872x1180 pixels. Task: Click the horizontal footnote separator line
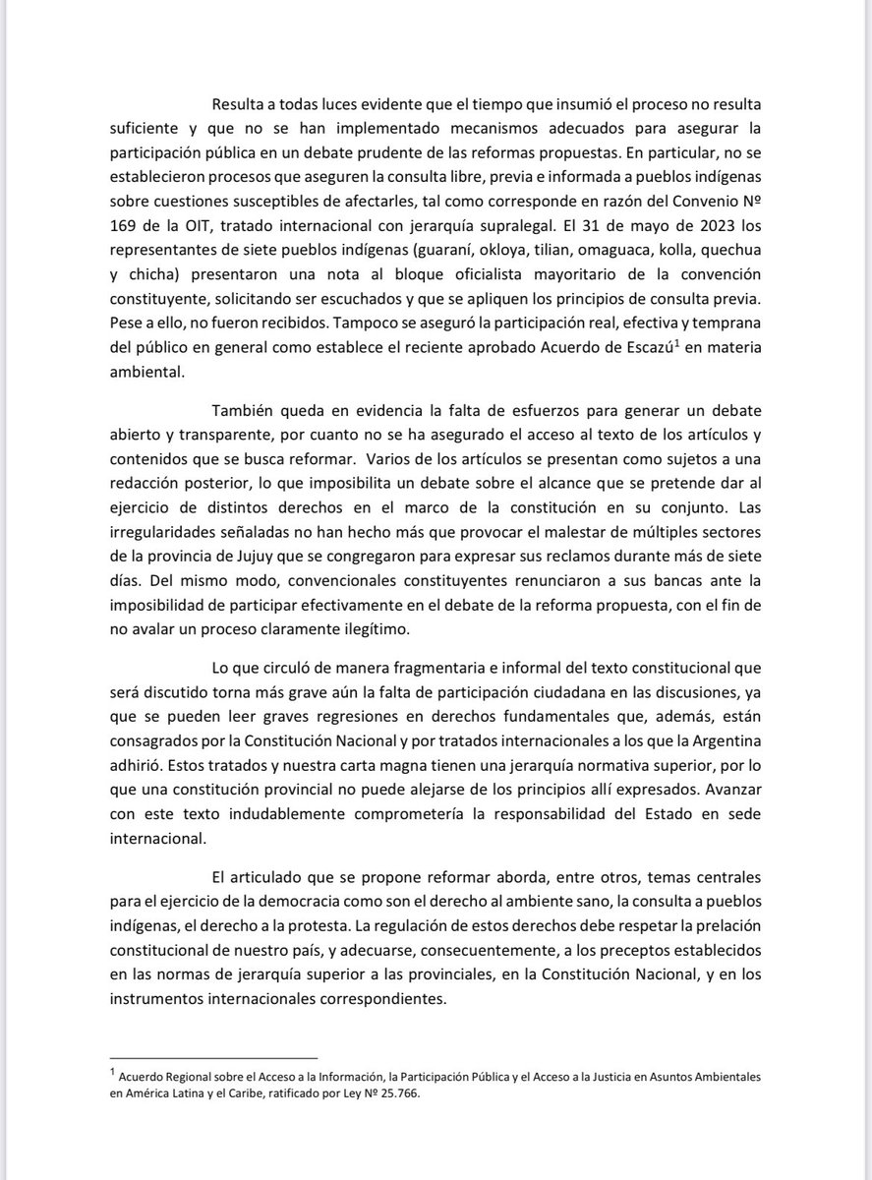(x=213, y=1056)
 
